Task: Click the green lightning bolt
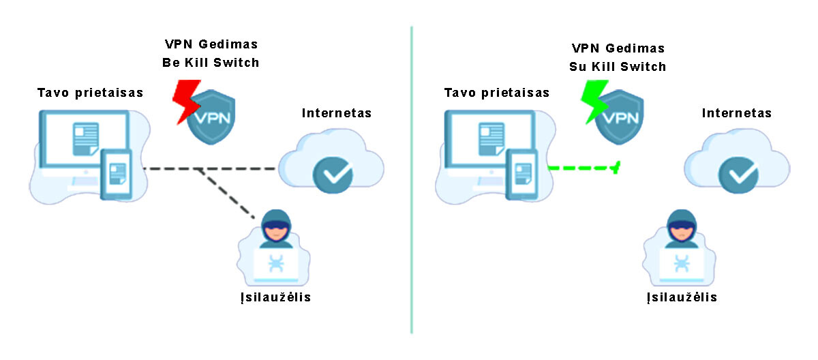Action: [592, 101]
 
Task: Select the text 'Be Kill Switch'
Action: [211, 63]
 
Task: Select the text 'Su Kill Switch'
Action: [618, 67]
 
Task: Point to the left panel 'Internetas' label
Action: [337, 112]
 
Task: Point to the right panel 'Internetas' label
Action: [737, 112]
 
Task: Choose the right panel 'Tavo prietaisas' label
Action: [496, 92]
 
